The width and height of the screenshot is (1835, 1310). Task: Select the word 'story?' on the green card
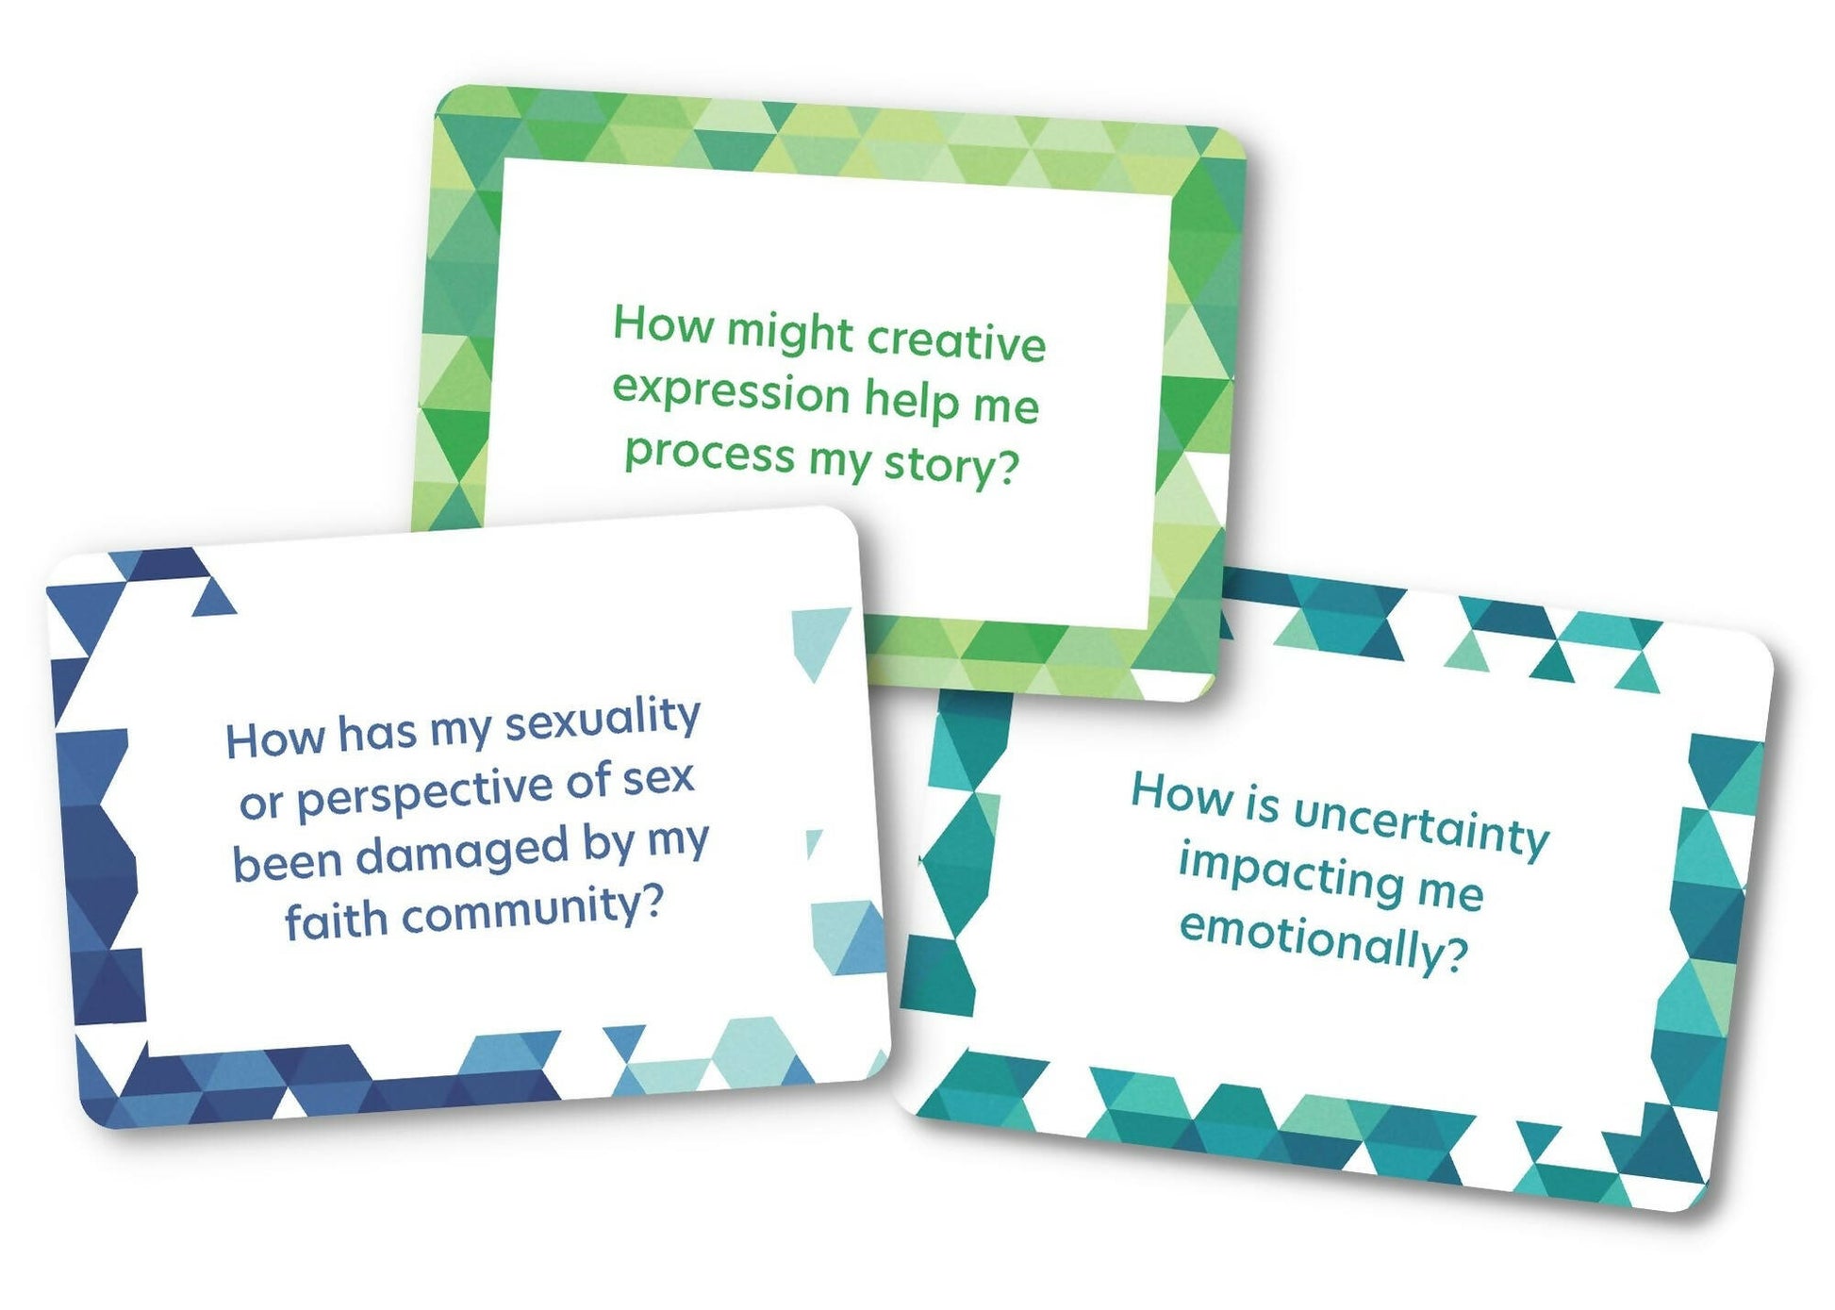point(951,464)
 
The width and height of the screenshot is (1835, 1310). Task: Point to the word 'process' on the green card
point(709,454)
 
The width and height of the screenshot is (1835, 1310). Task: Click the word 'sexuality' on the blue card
point(603,720)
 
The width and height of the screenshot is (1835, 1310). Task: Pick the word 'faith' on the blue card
point(336,920)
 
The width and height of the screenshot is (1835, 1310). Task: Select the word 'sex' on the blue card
point(659,778)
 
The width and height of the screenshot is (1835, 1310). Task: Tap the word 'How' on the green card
point(663,324)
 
